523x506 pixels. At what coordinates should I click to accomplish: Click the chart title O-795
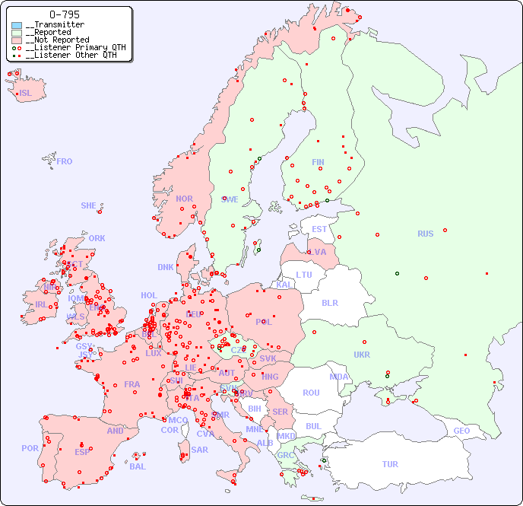click(x=64, y=14)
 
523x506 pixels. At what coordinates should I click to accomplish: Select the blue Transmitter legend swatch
click(x=17, y=25)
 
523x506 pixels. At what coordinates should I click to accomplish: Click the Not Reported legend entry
click(x=57, y=40)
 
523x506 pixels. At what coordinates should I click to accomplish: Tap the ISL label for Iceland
click(x=26, y=94)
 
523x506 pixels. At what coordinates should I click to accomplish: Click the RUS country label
click(x=425, y=234)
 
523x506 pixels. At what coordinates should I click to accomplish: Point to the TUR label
click(x=390, y=464)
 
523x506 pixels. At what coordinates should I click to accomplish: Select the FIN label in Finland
click(x=318, y=162)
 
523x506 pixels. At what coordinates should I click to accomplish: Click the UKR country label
click(x=362, y=355)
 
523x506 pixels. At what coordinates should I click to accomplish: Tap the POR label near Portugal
click(x=30, y=448)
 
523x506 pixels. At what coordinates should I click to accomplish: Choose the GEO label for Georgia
click(x=461, y=431)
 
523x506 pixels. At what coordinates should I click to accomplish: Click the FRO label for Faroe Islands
click(x=65, y=161)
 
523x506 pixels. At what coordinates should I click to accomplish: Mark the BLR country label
click(x=330, y=302)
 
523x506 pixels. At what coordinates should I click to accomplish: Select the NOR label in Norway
click(x=184, y=199)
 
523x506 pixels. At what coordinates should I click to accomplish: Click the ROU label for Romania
click(x=311, y=393)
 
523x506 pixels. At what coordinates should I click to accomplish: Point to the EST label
click(x=319, y=229)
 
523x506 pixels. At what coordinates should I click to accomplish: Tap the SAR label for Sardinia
click(x=199, y=450)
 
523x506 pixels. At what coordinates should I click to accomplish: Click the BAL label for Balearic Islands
click(x=138, y=466)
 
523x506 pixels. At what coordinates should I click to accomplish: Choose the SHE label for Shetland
click(x=89, y=205)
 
